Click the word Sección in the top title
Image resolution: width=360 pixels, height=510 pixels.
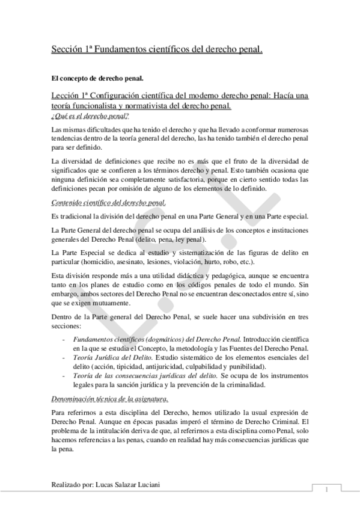coord(67,50)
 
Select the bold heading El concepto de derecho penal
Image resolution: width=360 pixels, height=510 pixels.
coord(97,78)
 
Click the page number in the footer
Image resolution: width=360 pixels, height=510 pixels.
coord(325,488)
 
